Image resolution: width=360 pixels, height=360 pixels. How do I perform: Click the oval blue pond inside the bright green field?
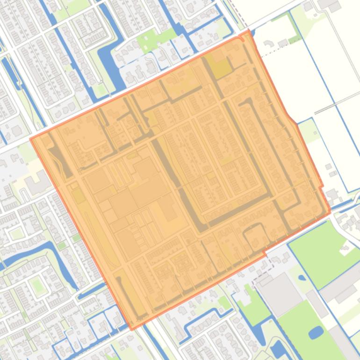point(316,332)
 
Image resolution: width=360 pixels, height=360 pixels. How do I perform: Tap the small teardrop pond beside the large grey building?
point(302,278)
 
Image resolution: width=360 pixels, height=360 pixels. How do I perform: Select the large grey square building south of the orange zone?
point(280,292)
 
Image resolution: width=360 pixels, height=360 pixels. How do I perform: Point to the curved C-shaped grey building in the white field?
point(268,43)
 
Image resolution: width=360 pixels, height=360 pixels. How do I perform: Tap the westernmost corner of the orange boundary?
point(31,138)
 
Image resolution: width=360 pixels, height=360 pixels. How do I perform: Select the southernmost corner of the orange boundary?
point(132,329)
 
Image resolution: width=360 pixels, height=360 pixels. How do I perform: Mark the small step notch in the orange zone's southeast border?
point(264,253)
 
